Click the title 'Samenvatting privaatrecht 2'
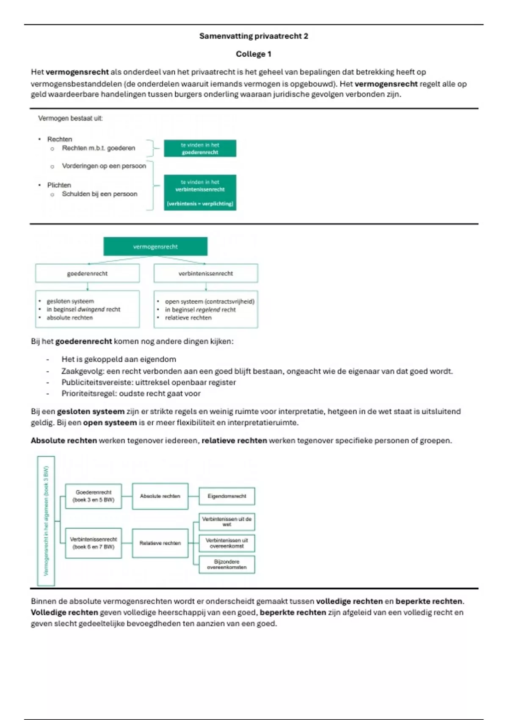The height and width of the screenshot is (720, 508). (254, 36)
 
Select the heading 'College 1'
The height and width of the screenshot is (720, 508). (254, 54)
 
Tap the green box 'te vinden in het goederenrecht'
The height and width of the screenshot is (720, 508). (200, 148)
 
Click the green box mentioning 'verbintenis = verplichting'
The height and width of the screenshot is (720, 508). (200, 193)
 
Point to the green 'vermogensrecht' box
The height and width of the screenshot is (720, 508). (155, 246)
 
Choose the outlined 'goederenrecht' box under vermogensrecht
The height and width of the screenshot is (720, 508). (87, 274)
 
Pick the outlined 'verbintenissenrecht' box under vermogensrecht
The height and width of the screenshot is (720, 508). (206, 274)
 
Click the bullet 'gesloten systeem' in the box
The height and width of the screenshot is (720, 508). (70, 301)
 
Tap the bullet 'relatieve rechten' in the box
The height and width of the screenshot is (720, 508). (188, 318)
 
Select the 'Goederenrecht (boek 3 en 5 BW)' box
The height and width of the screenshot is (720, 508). (94, 496)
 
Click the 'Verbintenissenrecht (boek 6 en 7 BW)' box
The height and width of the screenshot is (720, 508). (94, 543)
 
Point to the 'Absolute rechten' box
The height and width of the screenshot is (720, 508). (160, 496)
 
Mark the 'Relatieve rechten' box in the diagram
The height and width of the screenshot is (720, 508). (160, 543)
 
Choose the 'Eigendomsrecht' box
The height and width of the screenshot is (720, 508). (227, 496)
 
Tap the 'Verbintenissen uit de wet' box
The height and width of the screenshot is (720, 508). (227, 522)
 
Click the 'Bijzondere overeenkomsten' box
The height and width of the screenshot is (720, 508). (227, 565)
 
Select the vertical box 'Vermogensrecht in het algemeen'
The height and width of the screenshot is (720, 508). (46, 521)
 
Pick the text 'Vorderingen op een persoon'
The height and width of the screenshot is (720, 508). (104, 166)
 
